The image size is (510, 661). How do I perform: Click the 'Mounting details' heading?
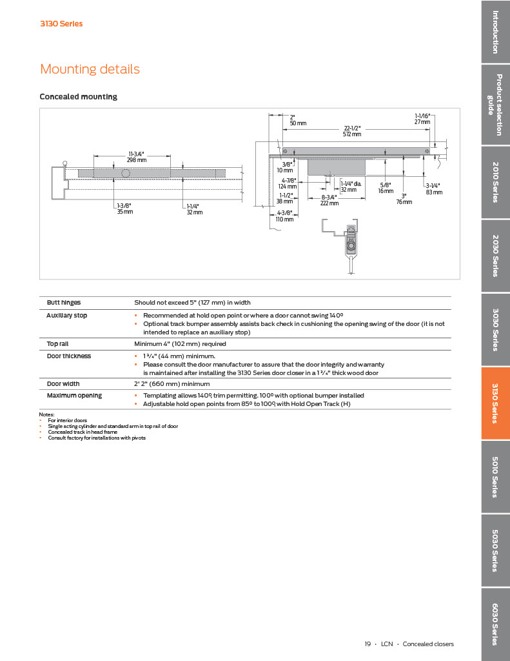coord(90,69)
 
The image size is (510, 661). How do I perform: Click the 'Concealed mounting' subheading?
coord(78,97)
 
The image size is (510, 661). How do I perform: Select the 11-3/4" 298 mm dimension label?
coord(137,157)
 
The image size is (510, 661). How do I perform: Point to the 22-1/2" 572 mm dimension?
coord(351,131)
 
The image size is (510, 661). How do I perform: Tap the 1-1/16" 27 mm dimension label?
coord(422,119)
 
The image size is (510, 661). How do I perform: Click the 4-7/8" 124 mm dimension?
coord(288,183)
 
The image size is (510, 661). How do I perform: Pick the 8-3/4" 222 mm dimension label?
coord(329,200)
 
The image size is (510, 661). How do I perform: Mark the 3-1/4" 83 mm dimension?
coord(433,188)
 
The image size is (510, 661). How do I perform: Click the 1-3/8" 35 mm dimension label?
coord(124,208)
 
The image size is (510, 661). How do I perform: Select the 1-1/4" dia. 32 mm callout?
coord(350,187)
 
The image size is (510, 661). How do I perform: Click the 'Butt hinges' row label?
coord(64,302)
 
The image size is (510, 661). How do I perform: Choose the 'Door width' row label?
coord(63,383)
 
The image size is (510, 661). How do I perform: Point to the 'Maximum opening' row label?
coord(74,395)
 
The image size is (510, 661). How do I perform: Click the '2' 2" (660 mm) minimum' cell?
coord(172,383)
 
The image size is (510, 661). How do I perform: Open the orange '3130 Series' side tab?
coord(495,403)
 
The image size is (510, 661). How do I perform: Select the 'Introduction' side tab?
coord(495,32)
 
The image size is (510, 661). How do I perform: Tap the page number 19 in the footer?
coord(368,644)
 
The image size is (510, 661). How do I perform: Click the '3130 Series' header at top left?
coord(61,24)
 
